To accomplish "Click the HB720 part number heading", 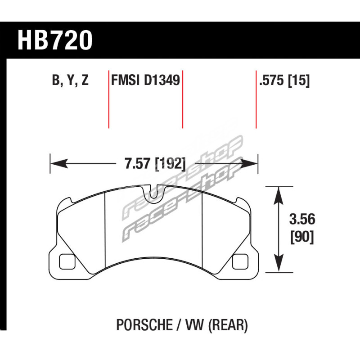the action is (x=55, y=40).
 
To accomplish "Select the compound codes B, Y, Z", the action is (x=70, y=81).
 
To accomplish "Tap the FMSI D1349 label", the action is (x=145, y=81).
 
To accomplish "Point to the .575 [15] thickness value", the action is (x=284, y=81).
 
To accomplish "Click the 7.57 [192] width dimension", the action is (x=155, y=163).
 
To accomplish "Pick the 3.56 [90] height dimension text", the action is (x=302, y=228).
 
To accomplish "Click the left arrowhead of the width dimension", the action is (x=59, y=163).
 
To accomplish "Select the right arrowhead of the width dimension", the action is (x=249, y=163).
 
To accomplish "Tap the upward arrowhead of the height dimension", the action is (x=279, y=195).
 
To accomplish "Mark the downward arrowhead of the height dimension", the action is (x=279, y=264).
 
